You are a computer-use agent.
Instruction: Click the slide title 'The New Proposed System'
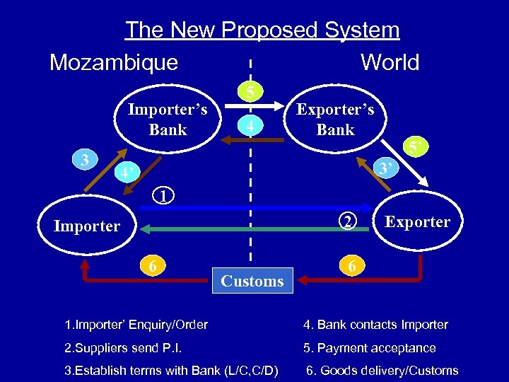pyautogui.click(x=262, y=30)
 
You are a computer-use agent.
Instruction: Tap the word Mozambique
pyautogui.click(x=114, y=62)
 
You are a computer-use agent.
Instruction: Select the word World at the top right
pyautogui.click(x=390, y=62)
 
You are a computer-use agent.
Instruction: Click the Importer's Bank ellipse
pyautogui.click(x=168, y=119)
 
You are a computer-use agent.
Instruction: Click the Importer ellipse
pyautogui.click(x=87, y=226)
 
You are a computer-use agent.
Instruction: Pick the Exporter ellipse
pyautogui.click(x=417, y=222)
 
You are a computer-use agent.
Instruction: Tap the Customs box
pyautogui.click(x=252, y=281)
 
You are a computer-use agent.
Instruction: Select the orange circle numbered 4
pyautogui.click(x=251, y=126)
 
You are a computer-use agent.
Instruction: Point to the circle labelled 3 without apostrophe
pyautogui.click(x=84, y=160)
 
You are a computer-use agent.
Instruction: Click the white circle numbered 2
pyautogui.click(x=346, y=222)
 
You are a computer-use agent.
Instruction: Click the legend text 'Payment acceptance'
pyautogui.click(x=370, y=348)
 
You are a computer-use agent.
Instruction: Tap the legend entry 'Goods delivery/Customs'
pyautogui.click(x=382, y=371)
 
